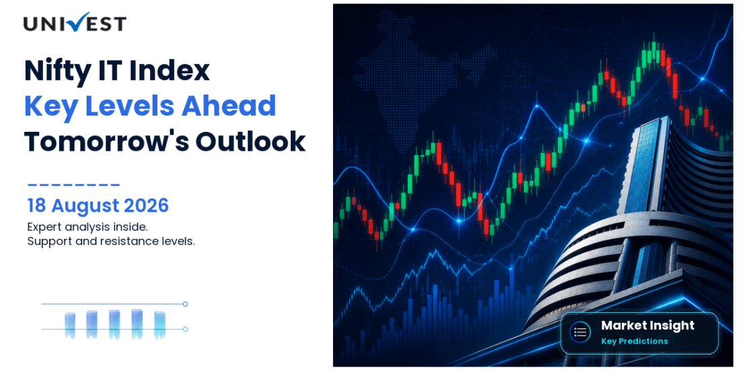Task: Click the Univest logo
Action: tap(75, 22)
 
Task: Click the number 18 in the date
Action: tap(37, 206)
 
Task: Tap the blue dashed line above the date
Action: tap(74, 184)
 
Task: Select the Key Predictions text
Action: tap(635, 341)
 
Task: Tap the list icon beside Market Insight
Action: tap(580, 332)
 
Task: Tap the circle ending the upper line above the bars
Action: tap(185, 304)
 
